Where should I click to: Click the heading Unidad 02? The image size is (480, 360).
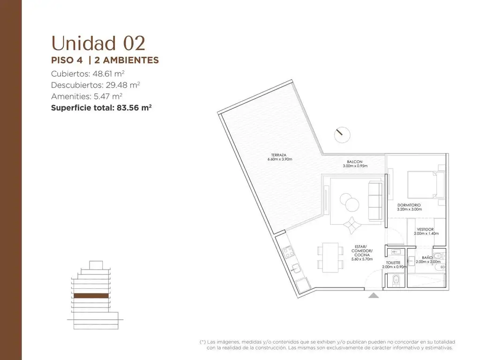click(x=98, y=43)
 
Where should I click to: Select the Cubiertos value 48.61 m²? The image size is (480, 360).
click(x=108, y=74)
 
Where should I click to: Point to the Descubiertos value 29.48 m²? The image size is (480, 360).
click(x=123, y=85)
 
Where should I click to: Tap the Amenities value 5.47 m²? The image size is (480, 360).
click(x=108, y=97)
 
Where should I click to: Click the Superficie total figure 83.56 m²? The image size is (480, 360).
click(x=134, y=108)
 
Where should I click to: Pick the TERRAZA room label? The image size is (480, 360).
click(x=278, y=155)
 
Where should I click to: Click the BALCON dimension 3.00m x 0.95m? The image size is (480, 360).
click(x=355, y=166)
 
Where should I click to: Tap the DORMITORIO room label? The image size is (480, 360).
click(x=409, y=205)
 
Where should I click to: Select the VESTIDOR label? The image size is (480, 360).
click(x=425, y=229)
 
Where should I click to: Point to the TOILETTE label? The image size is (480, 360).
click(x=393, y=262)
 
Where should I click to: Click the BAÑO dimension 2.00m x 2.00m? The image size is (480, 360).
click(x=428, y=262)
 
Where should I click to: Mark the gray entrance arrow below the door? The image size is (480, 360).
click(x=373, y=295)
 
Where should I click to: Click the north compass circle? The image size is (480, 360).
click(x=342, y=135)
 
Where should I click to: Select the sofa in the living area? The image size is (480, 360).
click(x=375, y=201)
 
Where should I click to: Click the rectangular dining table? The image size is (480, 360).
click(x=330, y=257)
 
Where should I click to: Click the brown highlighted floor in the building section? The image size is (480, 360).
click(x=91, y=296)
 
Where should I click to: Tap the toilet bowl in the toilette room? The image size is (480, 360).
click(x=396, y=280)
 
